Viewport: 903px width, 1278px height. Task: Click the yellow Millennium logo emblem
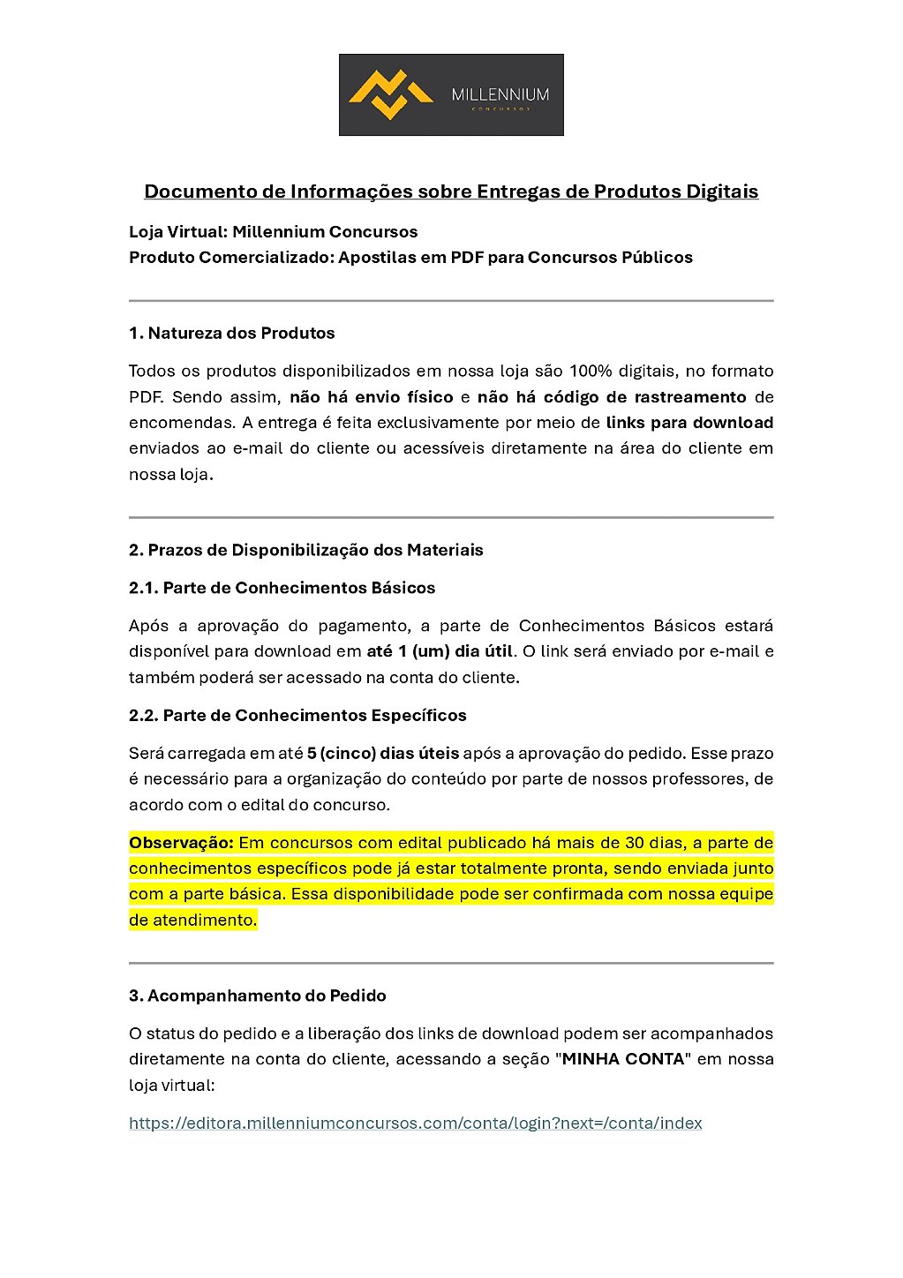pos(390,94)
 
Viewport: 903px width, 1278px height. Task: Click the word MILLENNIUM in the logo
pos(500,94)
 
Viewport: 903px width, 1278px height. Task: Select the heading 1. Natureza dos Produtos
pos(231,333)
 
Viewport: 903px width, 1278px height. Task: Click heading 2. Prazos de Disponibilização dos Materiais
pos(305,550)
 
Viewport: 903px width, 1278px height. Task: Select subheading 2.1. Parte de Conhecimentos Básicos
pos(282,588)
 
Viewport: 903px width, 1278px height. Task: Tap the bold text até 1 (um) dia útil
pos(440,651)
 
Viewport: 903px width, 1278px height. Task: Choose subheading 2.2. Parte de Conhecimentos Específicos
pos(297,715)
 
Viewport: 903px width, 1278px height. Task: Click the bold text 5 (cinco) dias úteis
pos(383,753)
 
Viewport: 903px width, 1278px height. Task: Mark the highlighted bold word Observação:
pos(181,842)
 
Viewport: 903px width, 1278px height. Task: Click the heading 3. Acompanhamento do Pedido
pos(257,996)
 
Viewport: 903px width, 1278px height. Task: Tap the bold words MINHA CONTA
pos(623,1059)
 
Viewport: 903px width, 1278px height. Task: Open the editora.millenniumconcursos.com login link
pos(415,1124)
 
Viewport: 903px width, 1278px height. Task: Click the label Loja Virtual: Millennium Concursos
pos(273,232)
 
